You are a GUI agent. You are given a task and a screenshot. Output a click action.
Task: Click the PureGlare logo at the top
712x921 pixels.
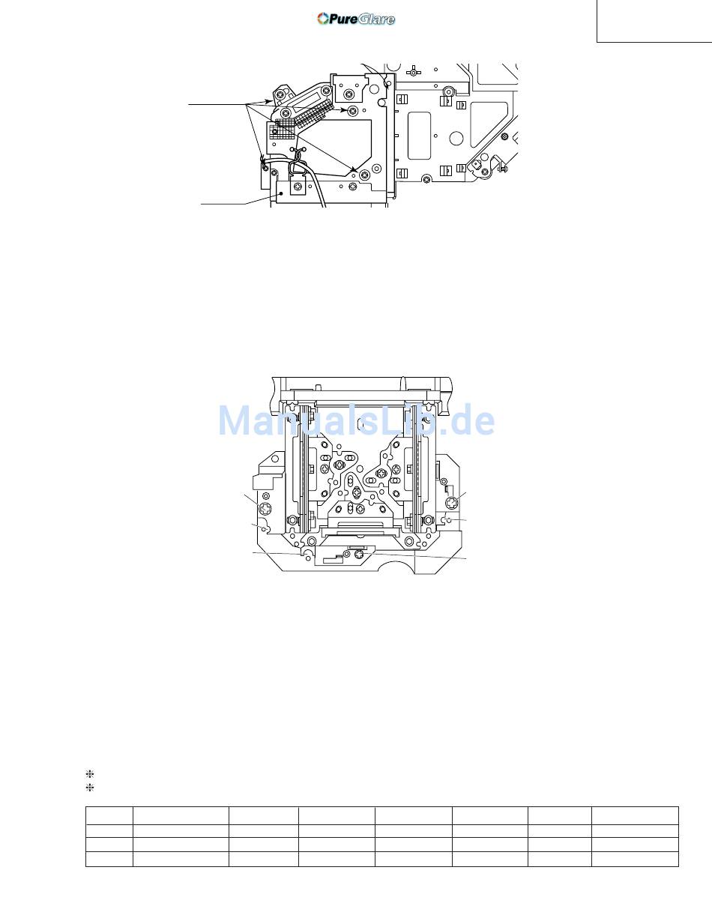pos(356,19)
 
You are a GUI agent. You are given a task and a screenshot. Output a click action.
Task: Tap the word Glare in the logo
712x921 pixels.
pos(376,19)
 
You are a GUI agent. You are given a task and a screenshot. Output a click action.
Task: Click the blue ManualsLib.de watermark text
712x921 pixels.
pos(356,420)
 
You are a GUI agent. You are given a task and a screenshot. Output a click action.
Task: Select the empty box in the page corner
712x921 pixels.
pos(654,21)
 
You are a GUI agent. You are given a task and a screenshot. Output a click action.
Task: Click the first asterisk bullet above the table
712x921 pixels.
pos(90,774)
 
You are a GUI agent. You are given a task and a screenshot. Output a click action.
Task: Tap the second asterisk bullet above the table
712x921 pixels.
pos(90,788)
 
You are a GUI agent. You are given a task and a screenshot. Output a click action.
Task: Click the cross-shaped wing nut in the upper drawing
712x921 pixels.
pos(413,69)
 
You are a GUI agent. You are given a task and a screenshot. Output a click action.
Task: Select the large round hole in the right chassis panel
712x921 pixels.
pos(456,137)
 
